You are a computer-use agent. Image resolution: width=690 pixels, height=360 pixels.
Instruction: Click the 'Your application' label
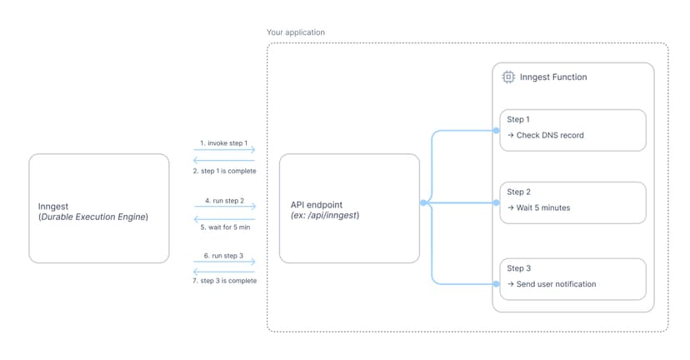tap(296, 32)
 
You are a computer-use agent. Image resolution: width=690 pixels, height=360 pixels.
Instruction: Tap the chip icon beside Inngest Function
tap(507, 77)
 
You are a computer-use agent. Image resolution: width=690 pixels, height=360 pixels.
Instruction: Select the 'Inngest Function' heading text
tap(553, 77)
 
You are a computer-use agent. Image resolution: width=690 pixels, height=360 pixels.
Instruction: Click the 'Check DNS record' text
tap(550, 135)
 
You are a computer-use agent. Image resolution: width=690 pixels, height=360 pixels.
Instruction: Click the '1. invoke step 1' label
tap(223, 142)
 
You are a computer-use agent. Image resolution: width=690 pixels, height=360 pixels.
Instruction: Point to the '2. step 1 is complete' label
tap(223, 170)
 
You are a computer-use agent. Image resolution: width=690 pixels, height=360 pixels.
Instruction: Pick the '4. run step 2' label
tap(223, 200)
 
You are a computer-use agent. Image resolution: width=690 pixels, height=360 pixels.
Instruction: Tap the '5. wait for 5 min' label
tap(223, 227)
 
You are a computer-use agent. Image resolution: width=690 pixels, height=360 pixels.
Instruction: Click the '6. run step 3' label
tap(223, 256)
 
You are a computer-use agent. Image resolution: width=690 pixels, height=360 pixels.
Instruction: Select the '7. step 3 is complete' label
tap(223, 281)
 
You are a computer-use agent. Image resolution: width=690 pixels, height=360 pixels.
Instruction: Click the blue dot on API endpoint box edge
tap(423, 202)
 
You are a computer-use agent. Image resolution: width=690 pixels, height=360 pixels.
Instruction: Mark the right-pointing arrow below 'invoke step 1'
tap(223, 151)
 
